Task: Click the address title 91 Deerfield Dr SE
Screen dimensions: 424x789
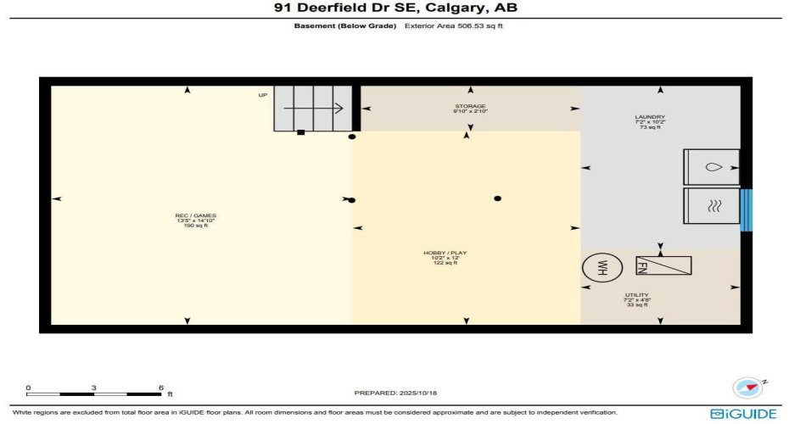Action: pos(394,8)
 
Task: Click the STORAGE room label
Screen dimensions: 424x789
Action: pos(470,109)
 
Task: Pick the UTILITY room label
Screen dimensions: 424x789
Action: pos(636,299)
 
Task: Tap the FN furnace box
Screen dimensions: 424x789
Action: pos(663,265)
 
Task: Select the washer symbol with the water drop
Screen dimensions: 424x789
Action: pos(711,167)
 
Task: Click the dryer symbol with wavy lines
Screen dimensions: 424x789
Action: pos(711,205)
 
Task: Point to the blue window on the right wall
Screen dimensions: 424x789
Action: pos(746,209)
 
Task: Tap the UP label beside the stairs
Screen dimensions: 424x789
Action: pos(263,95)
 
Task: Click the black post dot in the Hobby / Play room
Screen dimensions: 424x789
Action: pos(498,198)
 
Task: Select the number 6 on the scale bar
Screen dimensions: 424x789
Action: pos(160,388)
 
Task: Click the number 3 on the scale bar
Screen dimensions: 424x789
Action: pos(94,388)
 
